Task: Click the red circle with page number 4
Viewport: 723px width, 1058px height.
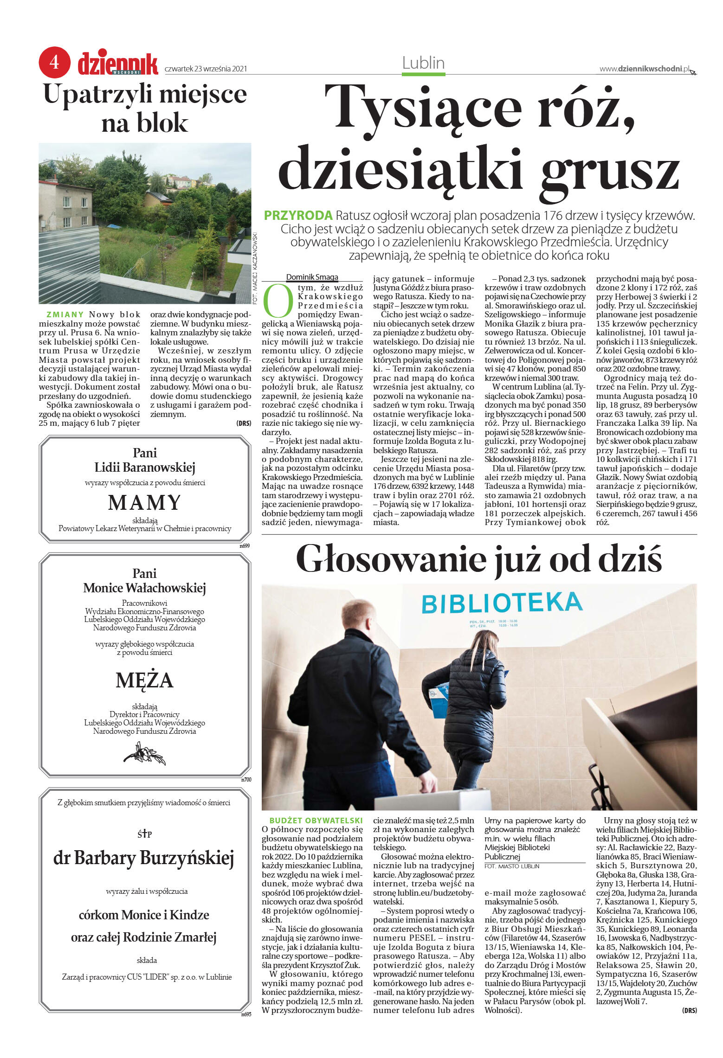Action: click(x=54, y=62)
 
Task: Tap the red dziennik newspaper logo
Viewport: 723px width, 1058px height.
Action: click(x=118, y=64)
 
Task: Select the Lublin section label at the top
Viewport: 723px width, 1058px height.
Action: click(x=423, y=63)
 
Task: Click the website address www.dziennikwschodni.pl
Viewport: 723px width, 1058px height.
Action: click(x=644, y=69)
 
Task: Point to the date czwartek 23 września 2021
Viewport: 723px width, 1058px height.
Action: click(x=206, y=69)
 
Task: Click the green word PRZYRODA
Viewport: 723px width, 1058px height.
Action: click(x=298, y=215)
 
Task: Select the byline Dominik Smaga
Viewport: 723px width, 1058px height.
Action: click(x=312, y=277)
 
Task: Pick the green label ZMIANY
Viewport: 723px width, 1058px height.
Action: click(x=65, y=314)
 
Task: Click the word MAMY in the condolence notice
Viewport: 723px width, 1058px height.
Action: click(x=144, y=503)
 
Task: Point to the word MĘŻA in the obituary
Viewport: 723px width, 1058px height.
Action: click(x=144, y=680)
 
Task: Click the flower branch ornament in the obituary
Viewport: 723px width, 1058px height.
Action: click(x=144, y=753)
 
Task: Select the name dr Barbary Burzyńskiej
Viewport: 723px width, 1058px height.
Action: click(x=144, y=858)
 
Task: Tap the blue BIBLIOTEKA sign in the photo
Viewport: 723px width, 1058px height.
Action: click(x=502, y=603)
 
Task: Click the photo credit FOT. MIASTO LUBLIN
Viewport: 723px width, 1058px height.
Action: click(x=512, y=866)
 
